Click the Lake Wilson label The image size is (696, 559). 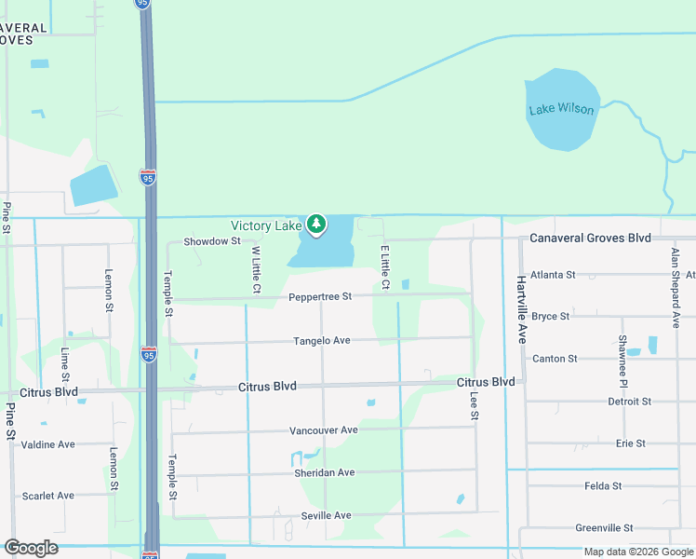coord(561,109)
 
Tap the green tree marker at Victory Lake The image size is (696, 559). coord(317,225)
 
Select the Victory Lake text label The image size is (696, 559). coord(267,226)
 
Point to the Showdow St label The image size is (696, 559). coord(212,241)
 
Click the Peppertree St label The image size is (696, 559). coord(320,296)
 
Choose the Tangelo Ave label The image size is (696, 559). coord(322,341)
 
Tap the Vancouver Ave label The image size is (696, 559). coord(324,430)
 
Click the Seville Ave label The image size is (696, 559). coord(326,515)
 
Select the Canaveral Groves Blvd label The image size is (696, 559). coord(590,239)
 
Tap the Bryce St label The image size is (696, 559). coord(551,317)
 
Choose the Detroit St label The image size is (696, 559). coord(629,402)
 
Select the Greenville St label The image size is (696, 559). coord(604,528)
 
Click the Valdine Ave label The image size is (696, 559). coord(47,444)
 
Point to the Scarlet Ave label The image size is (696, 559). coord(47,496)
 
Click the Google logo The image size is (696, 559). coord(31,548)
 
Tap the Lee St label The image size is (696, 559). coord(474,405)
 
